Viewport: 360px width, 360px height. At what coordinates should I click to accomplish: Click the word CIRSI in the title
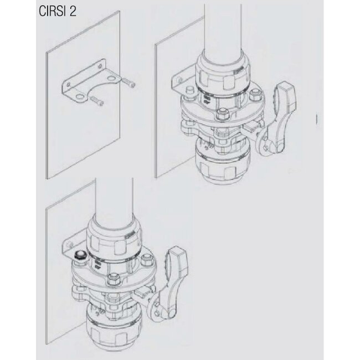click(x=50, y=11)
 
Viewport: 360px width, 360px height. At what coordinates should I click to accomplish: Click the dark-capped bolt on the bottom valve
click(x=79, y=255)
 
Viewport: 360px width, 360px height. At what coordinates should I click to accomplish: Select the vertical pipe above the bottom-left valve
click(x=114, y=200)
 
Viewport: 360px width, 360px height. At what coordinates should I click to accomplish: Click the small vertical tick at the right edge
click(x=317, y=119)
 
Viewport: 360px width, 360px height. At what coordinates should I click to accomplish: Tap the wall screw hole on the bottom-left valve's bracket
click(x=71, y=244)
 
